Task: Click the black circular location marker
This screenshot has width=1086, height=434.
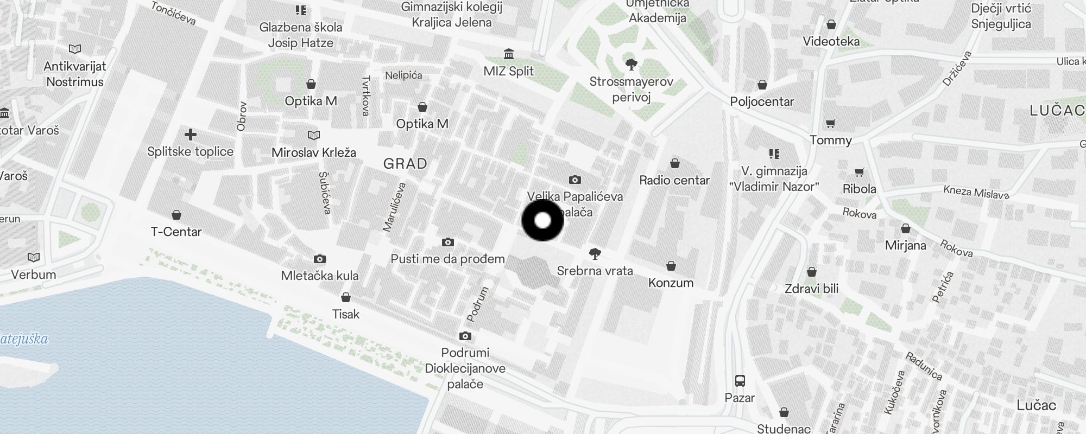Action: coord(542,220)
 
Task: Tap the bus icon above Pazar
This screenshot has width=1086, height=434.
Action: coord(740,380)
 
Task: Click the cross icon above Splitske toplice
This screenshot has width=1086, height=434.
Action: coord(190,135)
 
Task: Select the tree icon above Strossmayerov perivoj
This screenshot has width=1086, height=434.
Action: coord(631,65)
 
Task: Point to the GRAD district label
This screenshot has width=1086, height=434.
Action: coord(405,163)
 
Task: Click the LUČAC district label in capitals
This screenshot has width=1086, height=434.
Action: coord(1056,111)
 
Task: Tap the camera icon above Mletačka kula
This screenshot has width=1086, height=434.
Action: coord(320,259)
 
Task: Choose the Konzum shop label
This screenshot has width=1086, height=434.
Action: coord(671,283)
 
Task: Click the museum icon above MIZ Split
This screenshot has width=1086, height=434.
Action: coord(509,54)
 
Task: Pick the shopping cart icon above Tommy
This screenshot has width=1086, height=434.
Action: coord(830,124)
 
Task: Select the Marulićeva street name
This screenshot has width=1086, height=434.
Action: coord(395,207)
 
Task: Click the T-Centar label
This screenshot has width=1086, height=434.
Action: coord(176,232)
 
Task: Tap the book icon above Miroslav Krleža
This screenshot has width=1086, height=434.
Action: coord(313,135)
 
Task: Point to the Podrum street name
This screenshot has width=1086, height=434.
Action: coord(478,304)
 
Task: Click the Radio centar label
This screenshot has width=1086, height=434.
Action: coord(674,180)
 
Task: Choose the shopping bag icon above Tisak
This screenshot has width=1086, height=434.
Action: coord(345,297)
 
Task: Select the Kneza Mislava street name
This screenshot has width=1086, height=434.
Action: coord(976,192)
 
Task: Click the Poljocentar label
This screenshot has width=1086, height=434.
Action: coord(761,101)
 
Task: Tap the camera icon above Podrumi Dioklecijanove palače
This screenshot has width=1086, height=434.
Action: coord(465,336)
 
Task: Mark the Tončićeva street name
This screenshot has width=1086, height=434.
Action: coord(173,13)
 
